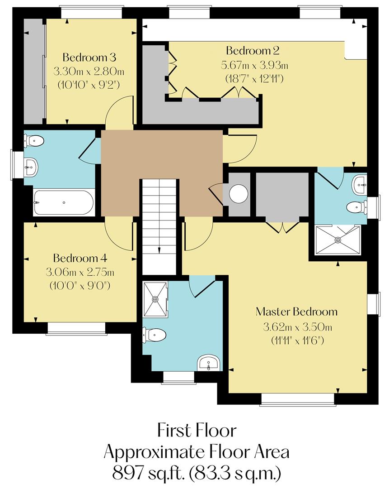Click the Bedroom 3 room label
89,58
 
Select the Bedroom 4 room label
80,259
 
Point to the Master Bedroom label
296,312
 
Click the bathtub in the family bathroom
64,202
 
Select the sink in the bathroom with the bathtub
31,167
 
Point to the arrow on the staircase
159,250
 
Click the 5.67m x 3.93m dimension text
254,65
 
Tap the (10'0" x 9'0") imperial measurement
80,286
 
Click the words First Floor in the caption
197,430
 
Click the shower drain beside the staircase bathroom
155,299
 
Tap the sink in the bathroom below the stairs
208,363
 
